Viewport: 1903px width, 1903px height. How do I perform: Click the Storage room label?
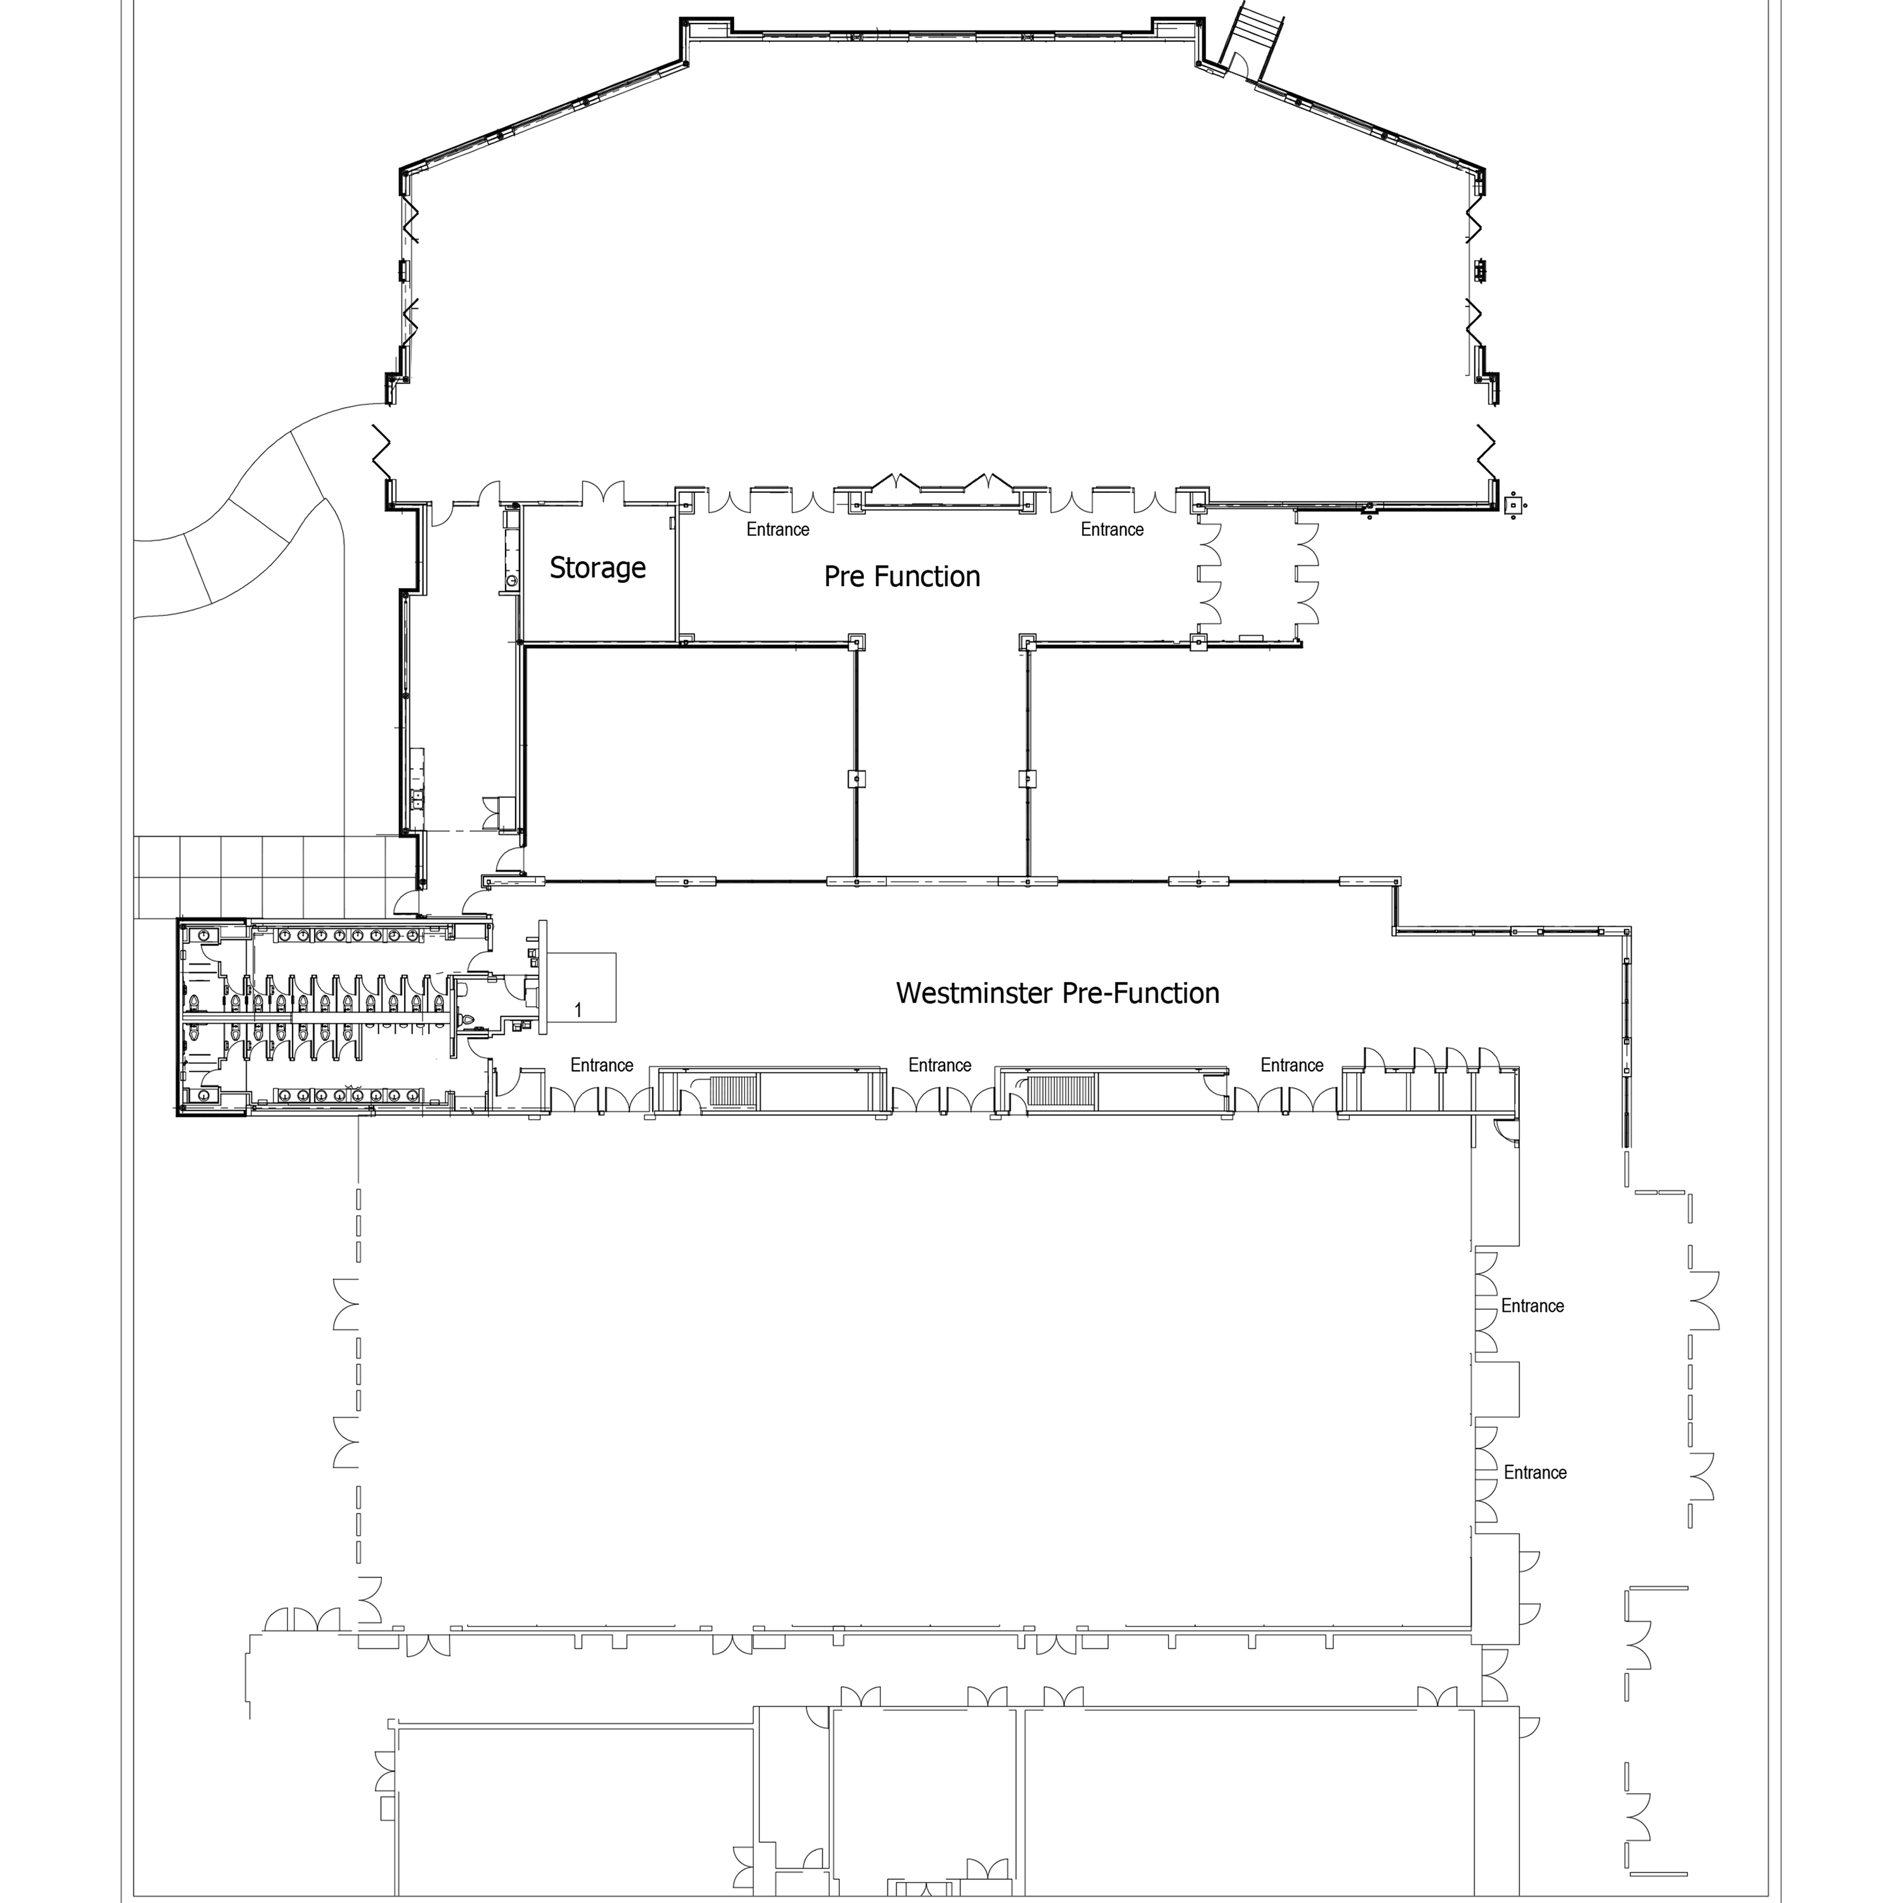(598, 568)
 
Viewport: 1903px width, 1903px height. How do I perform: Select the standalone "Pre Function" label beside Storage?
(902, 576)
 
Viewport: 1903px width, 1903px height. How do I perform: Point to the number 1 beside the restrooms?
(578, 1010)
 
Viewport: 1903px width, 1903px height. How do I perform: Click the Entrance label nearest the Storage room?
(778, 530)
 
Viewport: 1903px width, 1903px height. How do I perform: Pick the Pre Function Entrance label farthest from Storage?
(1112, 530)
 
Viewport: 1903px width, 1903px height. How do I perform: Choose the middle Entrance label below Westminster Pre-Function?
(939, 1065)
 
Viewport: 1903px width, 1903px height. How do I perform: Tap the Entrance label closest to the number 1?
(602, 1065)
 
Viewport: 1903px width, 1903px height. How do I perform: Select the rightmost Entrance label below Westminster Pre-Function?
(1292, 1065)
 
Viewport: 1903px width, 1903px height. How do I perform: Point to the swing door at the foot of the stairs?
(1237, 65)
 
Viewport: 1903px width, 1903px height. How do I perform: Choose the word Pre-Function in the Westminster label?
(1140, 993)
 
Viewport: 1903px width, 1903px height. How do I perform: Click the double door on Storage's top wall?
(603, 492)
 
